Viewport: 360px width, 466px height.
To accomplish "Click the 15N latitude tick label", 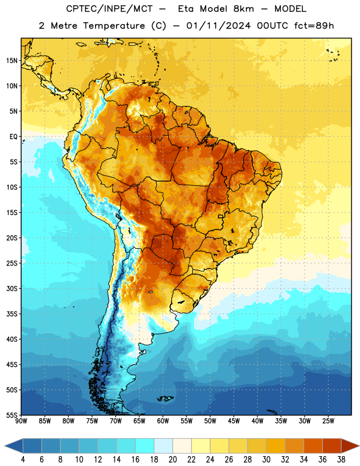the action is [x=12, y=61].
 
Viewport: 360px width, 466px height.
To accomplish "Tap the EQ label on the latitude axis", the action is [x=13, y=137].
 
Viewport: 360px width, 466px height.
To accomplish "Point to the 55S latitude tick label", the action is [x=12, y=415].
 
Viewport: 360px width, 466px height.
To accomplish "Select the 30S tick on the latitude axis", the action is [x=12, y=288].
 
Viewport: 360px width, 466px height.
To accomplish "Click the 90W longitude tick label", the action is [x=22, y=421].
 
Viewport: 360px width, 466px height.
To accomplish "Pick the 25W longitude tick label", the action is [x=328, y=421].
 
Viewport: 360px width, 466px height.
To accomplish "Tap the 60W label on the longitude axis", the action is [x=163, y=421].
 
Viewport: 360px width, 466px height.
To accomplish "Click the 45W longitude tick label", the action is [x=234, y=421].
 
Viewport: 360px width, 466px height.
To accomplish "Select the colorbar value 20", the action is [x=172, y=460].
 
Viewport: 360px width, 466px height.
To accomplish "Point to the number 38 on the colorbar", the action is [x=341, y=460].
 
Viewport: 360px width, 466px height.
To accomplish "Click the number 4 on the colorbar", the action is [x=23, y=460].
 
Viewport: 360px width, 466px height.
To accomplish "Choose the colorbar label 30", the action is [x=266, y=460].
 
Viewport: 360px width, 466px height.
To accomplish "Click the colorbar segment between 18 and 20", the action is [x=163, y=446].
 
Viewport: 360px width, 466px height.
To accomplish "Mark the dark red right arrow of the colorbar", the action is [x=350, y=446].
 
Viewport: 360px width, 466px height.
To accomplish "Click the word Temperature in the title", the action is [x=114, y=26].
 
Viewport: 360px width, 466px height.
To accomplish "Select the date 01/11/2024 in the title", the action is [x=218, y=26].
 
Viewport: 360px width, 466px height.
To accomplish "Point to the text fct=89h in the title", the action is [x=314, y=26].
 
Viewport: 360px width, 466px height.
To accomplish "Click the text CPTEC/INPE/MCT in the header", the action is [x=110, y=9].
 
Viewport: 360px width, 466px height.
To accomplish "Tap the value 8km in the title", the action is [x=243, y=9].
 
